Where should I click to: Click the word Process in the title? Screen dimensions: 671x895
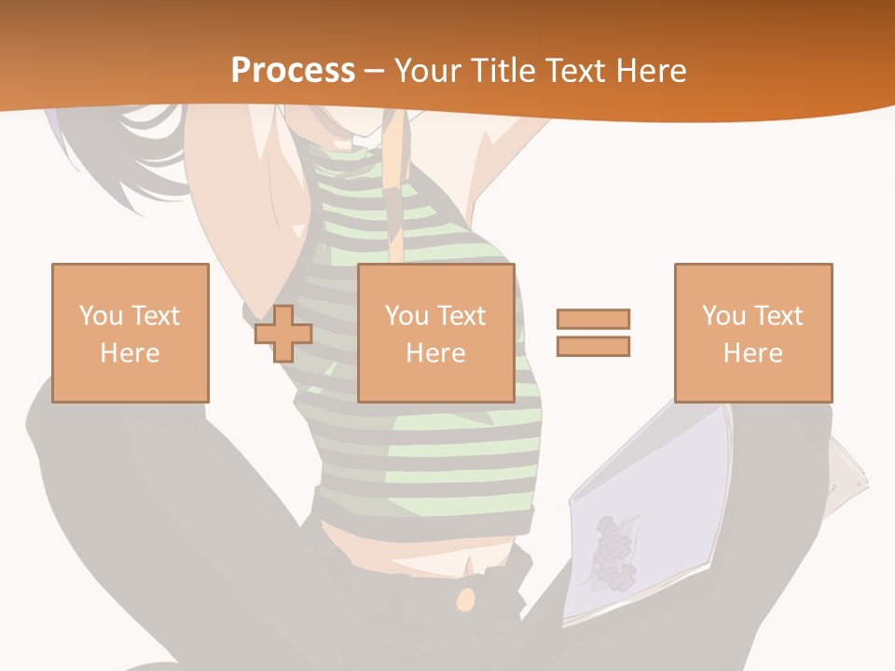coord(293,70)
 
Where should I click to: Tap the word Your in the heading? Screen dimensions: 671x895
coord(424,70)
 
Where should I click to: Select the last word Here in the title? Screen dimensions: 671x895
coord(650,70)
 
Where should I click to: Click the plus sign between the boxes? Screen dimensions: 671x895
coord(283,334)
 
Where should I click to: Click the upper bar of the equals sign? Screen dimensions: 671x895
coord(593,319)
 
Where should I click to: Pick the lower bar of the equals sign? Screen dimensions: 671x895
coord(593,346)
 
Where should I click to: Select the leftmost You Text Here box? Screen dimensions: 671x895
coord(130,333)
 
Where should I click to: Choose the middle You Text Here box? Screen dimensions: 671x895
coord(435,333)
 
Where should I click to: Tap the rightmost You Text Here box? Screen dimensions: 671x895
coord(752,333)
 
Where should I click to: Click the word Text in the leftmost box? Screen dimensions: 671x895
coord(154,315)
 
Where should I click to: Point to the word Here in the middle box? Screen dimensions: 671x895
coord(435,352)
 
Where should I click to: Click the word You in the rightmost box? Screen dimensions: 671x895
coord(723,315)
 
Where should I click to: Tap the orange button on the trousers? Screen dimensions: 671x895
coord(464,600)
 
